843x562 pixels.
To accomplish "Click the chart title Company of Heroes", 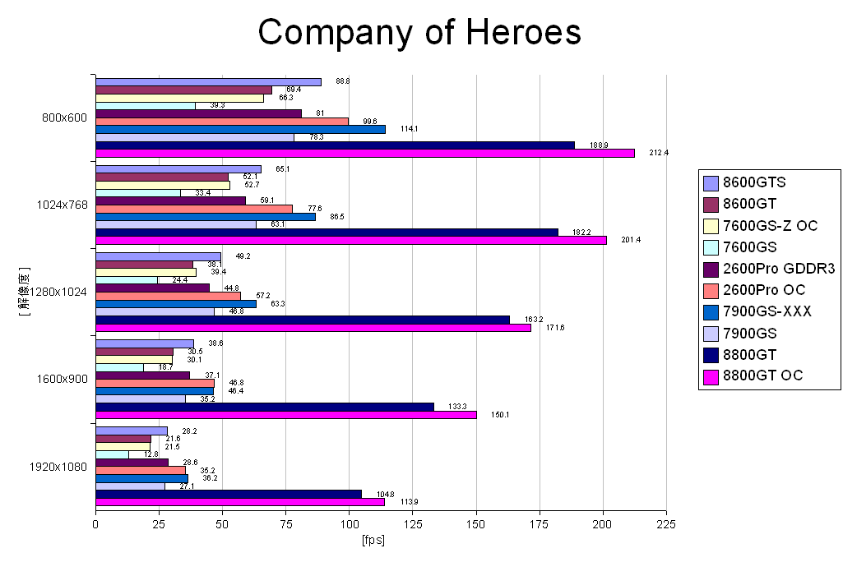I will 419,32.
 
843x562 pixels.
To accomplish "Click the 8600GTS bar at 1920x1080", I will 132,431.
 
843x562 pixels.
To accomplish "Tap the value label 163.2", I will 534,319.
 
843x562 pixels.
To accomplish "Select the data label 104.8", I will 386,494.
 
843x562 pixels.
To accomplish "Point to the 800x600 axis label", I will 64,117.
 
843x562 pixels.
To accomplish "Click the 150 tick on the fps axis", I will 476,523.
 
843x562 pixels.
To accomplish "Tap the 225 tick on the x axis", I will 666,523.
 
